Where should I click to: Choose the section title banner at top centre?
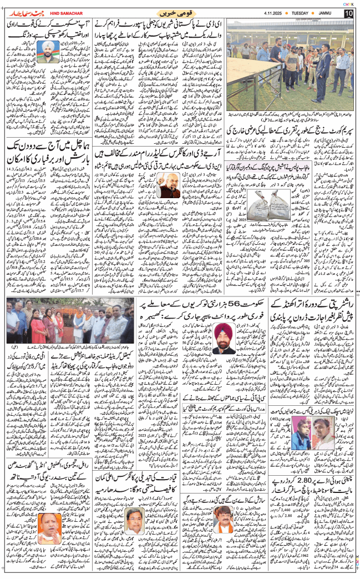pos(176,12)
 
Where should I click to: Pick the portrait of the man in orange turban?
pos(224,339)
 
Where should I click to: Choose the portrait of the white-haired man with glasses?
pos(133,520)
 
